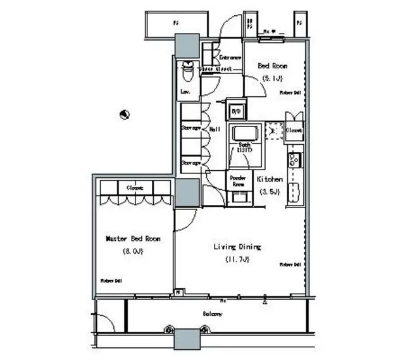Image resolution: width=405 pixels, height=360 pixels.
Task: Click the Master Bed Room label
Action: click(x=133, y=239)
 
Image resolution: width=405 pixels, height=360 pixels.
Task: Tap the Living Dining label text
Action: click(x=238, y=247)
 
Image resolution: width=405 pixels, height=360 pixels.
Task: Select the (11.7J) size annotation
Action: click(x=237, y=259)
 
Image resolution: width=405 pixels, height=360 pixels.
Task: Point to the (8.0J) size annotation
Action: click(x=133, y=251)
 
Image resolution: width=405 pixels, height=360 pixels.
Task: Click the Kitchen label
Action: click(x=270, y=180)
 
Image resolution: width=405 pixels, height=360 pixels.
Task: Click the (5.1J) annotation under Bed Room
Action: click(x=273, y=78)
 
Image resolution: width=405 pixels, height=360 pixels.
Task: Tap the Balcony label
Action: click(x=212, y=314)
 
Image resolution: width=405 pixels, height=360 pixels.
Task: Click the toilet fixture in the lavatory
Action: click(x=188, y=73)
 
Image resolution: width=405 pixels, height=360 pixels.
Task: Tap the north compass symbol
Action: click(x=125, y=115)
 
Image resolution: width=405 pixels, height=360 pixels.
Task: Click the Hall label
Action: click(x=215, y=129)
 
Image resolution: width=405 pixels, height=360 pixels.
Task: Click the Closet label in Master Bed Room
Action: click(x=134, y=188)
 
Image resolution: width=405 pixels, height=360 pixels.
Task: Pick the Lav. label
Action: click(x=185, y=92)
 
